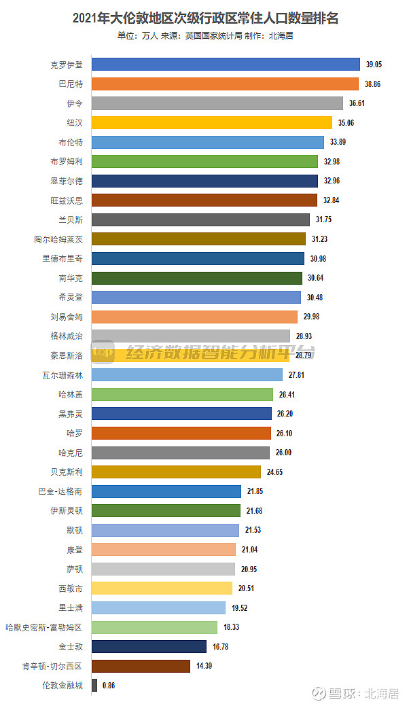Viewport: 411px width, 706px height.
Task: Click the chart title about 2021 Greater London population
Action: click(x=205, y=18)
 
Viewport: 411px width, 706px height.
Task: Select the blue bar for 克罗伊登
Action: click(x=226, y=65)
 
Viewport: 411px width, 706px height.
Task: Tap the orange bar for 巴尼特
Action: click(x=225, y=84)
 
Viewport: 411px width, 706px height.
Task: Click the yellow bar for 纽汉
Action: click(x=212, y=123)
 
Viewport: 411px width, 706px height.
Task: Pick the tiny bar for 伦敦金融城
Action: click(x=94, y=686)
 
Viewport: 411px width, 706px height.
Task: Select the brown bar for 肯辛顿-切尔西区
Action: click(x=141, y=666)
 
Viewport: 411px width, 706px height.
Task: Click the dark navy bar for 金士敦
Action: click(x=149, y=646)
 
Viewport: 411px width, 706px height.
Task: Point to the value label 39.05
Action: click(x=374, y=65)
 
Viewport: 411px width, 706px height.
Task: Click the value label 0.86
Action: click(x=109, y=686)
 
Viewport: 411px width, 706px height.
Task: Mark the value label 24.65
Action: click(x=274, y=472)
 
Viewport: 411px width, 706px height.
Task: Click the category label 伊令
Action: click(x=75, y=103)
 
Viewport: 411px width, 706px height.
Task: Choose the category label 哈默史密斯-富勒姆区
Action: click(x=44, y=627)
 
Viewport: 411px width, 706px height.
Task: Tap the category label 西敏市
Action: click(x=71, y=588)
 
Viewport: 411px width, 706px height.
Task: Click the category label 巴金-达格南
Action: click(x=61, y=491)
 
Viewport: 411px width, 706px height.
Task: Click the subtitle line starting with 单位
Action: click(x=205, y=36)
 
